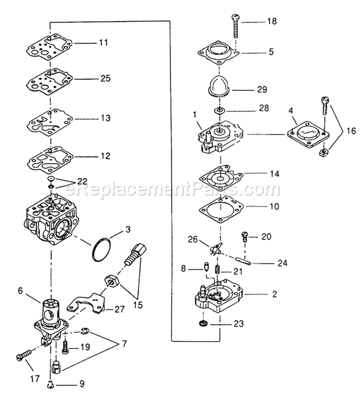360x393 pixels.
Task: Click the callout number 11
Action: point(104,42)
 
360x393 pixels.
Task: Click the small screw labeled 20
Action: point(244,236)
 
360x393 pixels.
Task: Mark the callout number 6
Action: point(20,290)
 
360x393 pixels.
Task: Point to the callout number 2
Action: point(275,293)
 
